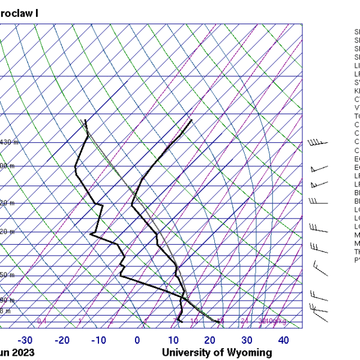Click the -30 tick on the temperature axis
click(26, 341)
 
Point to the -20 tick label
click(62, 341)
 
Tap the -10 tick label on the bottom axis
click(99, 341)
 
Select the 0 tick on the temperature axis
click(137, 341)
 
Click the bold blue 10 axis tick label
click(173, 341)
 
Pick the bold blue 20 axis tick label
click(210, 341)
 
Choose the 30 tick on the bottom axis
click(247, 341)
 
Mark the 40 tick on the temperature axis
click(283, 341)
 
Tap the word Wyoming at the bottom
click(247, 353)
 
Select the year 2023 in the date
click(22, 353)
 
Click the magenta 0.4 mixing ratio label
click(42, 322)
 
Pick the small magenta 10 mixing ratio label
click(194, 322)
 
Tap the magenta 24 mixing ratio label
click(244, 322)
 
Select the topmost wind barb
click(318, 143)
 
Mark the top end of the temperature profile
click(191, 120)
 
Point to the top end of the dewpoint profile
click(86, 120)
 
